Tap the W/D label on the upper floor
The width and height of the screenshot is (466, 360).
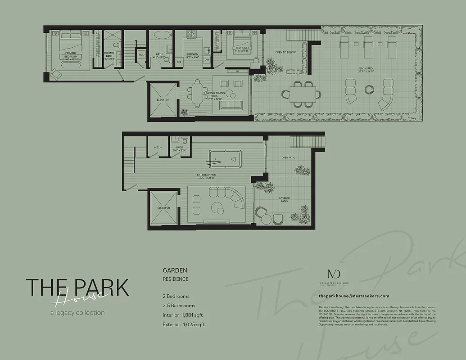141,55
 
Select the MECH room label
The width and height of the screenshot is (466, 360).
158,147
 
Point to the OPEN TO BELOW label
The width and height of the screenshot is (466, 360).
285,52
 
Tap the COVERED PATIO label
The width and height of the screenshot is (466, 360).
284,199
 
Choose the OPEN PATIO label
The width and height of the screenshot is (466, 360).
288,157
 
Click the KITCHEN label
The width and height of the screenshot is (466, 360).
192,54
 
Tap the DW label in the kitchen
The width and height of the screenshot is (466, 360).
207,59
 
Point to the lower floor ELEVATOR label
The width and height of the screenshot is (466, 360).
163,207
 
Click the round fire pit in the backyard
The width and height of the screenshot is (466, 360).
369,89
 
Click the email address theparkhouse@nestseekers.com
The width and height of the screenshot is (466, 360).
353,296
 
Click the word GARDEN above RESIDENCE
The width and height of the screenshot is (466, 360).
175,270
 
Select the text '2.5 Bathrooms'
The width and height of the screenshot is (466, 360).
179,306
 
